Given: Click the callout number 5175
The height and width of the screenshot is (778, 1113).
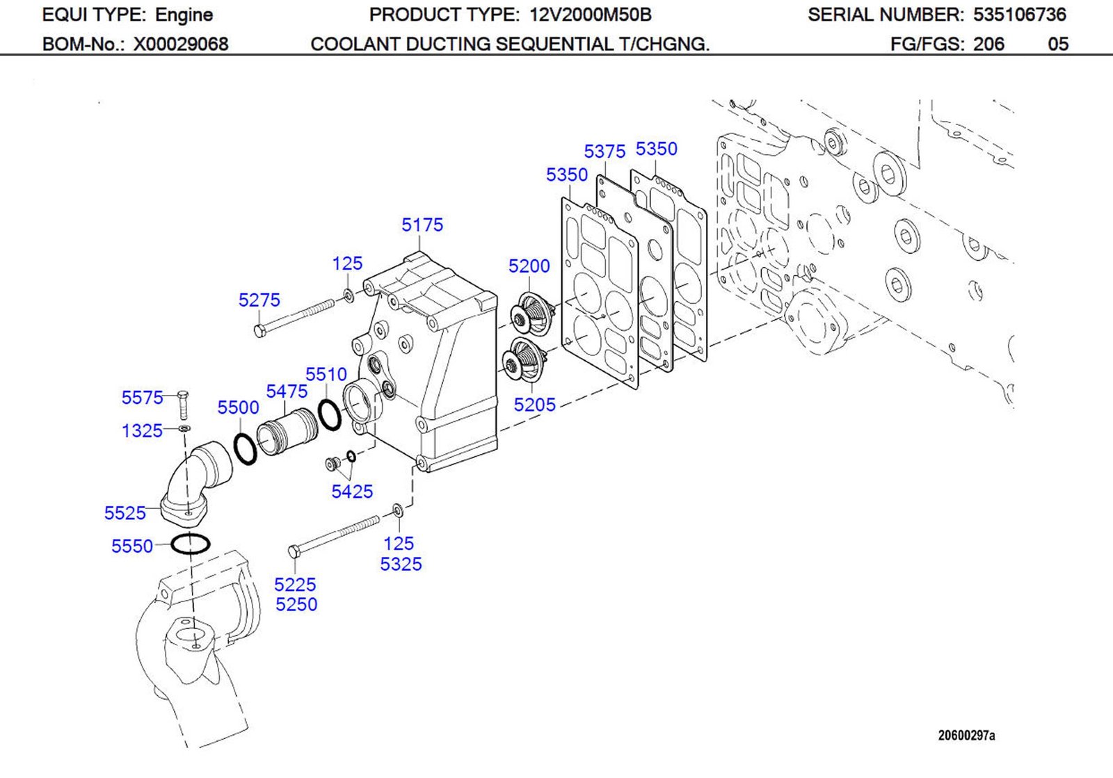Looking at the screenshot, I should pyautogui.click(x=422, y=225).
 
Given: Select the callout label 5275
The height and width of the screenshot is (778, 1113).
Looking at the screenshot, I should pyautogui.click(x=259, y=300).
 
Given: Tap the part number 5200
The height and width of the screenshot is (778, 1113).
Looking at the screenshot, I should pyautogui.click(x=529, y=266).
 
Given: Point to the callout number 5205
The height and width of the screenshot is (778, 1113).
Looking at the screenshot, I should pyautogui.click(x=534, y=405).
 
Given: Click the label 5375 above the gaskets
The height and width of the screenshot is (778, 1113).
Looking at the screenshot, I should pyautogui.click(x=604, y=152).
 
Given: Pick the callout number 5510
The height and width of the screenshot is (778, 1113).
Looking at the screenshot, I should pyautogui.click(x=326, y=375).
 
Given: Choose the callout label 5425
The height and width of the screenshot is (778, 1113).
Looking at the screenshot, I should pyautogui.click(x=352, y=492).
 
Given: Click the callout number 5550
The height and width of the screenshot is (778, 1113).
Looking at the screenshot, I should pyautogui.click(x=131, y=546).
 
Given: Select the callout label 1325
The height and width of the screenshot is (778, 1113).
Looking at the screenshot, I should pyautogui.click(x=142, y=431).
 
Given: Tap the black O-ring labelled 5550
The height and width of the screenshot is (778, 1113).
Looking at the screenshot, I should pyautogui.click(x=190, y=544).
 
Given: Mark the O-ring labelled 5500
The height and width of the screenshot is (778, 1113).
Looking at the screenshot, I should pyautogui.click(x=245, y=448).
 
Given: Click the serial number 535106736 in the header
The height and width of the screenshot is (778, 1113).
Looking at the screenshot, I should pyautogui.click(x=1019, y=15).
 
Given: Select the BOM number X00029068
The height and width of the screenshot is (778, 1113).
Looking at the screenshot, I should pyautogui.click(x=181, y=44).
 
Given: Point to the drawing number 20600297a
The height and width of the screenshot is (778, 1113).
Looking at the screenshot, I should pyautogui.click(x=966, y=736).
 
